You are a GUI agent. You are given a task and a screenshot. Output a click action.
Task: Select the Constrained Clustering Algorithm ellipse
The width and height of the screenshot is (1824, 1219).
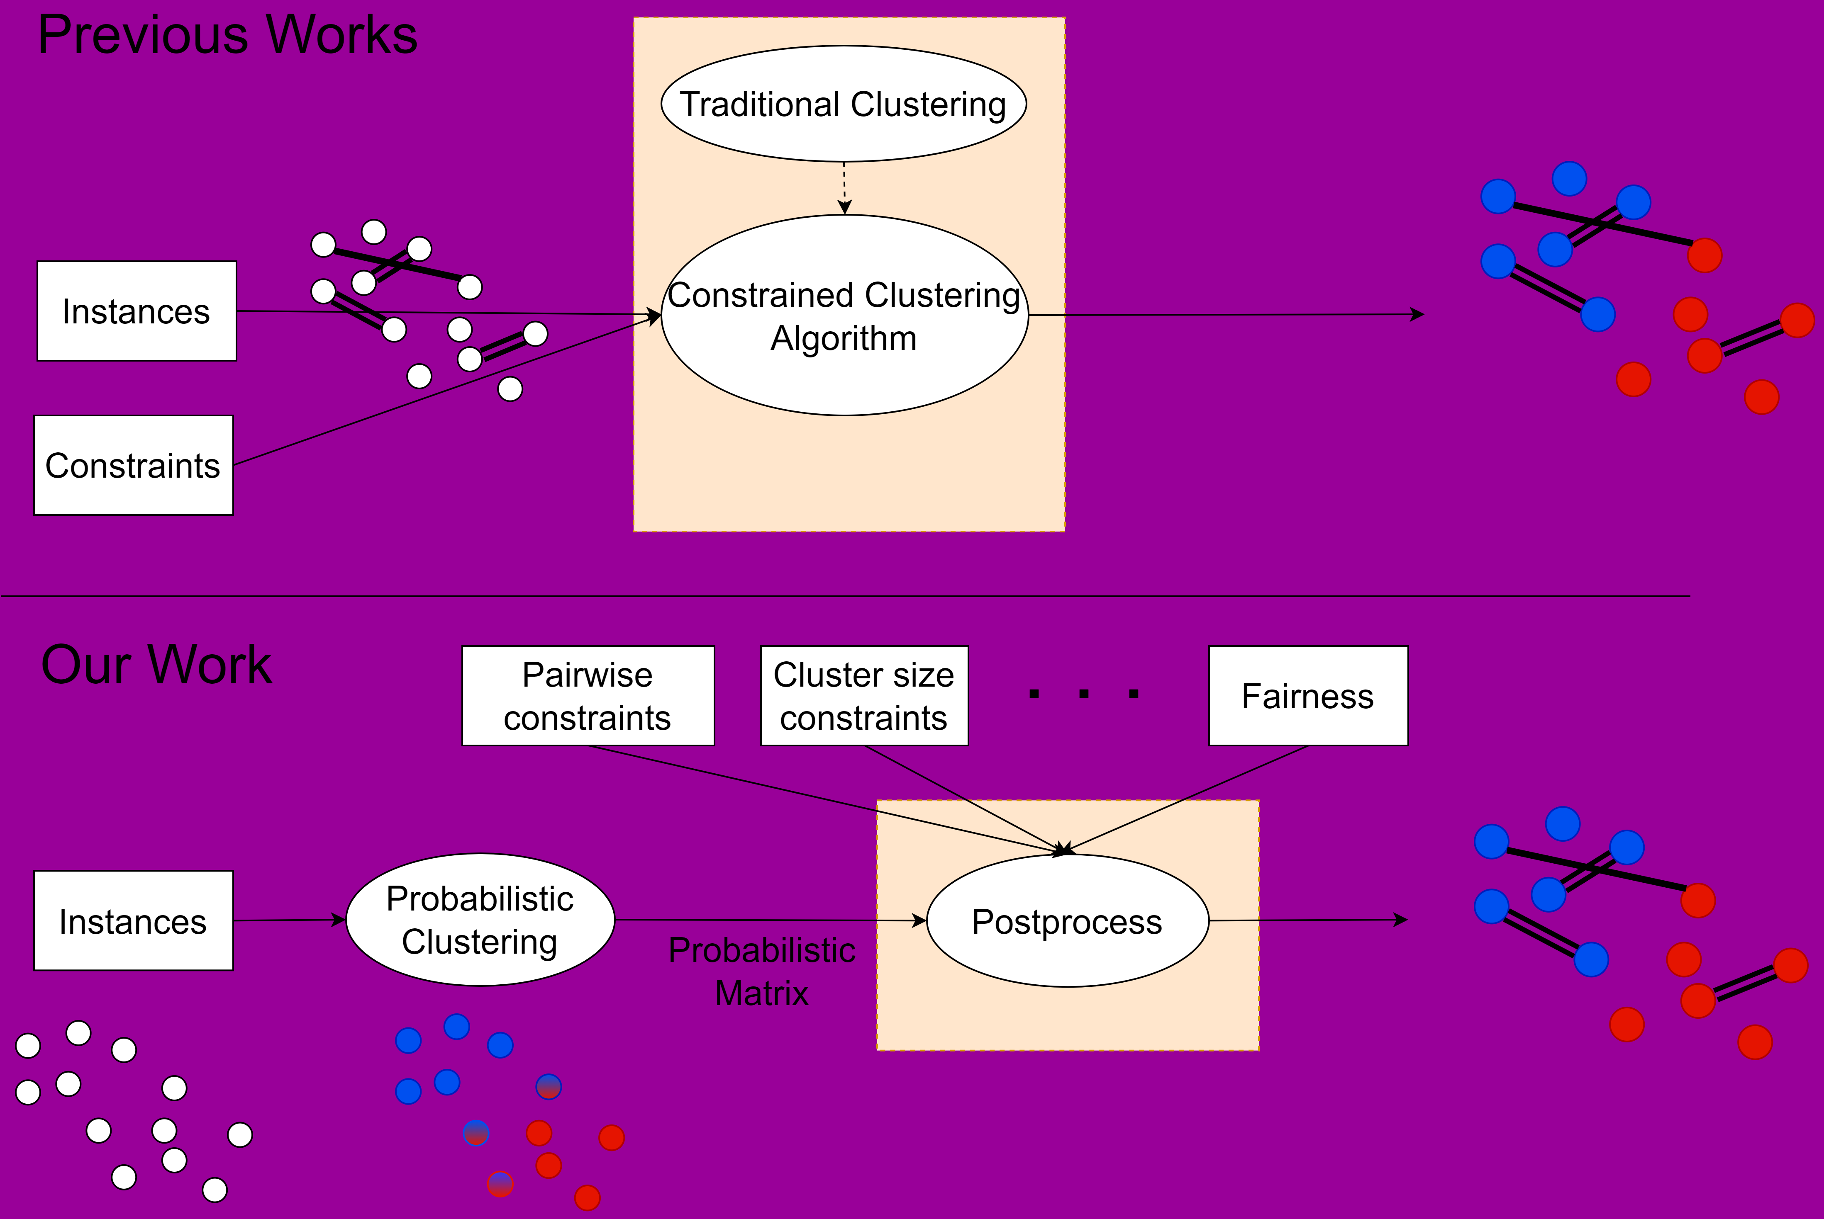[844, 316]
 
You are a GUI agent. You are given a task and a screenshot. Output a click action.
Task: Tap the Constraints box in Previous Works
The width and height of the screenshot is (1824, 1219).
[133, 465]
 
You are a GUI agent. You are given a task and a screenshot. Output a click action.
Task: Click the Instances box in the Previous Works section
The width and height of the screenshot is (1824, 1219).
[136, 311]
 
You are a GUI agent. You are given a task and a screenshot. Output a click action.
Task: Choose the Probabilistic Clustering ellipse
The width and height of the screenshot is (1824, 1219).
[480, 920]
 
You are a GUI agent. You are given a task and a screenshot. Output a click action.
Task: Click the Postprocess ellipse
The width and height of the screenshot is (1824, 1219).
[1067, 921]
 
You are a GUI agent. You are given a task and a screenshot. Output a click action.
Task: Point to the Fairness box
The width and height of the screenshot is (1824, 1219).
[1307, 696]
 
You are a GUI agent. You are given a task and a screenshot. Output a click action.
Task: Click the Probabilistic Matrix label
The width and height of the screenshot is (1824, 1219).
[761, 971]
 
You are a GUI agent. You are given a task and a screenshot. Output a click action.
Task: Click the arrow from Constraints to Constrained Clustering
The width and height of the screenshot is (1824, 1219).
[447, 390]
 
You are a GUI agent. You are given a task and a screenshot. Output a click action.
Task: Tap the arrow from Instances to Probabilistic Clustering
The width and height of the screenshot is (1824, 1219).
[289, 920]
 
